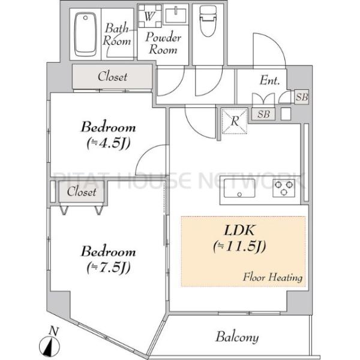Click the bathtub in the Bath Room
pos(85,34)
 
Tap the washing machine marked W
pos(149,16)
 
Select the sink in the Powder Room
pos(176,15)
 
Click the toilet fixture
pos(208,21)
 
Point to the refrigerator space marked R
pos(234,121)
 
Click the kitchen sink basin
pos(239,188)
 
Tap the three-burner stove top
pos(284,188)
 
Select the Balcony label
pos(237,337)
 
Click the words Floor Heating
pos(272,277)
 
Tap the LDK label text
pos(239,230)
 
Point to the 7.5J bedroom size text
pos(109,267)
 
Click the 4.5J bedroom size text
pos(109,143)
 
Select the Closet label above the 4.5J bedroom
pos(113,76)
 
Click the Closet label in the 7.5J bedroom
pos(82,191)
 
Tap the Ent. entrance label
pos(269,80)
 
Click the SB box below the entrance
pos(263,114)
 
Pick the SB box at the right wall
pos(302,97)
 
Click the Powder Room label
pos(163,43)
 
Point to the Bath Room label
pos(117,34)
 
